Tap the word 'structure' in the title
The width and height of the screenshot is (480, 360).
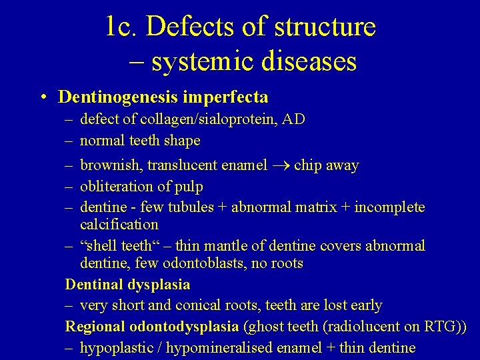coord(325,27)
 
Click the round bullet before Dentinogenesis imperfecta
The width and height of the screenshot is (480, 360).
coord(42,97)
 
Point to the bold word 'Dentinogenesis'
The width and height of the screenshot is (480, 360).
coord(118,97)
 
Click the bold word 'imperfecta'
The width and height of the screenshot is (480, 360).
coord(225,97)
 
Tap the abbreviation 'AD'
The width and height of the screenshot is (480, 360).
coord(294,119)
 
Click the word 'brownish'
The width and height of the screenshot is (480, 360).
coord(110,165)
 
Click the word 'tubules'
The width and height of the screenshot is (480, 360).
coord(201,207)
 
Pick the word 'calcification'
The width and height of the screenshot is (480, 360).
coord(119,225)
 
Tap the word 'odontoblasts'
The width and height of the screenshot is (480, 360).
coord(187,263)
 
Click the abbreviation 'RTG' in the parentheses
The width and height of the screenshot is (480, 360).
coord(441,327)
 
